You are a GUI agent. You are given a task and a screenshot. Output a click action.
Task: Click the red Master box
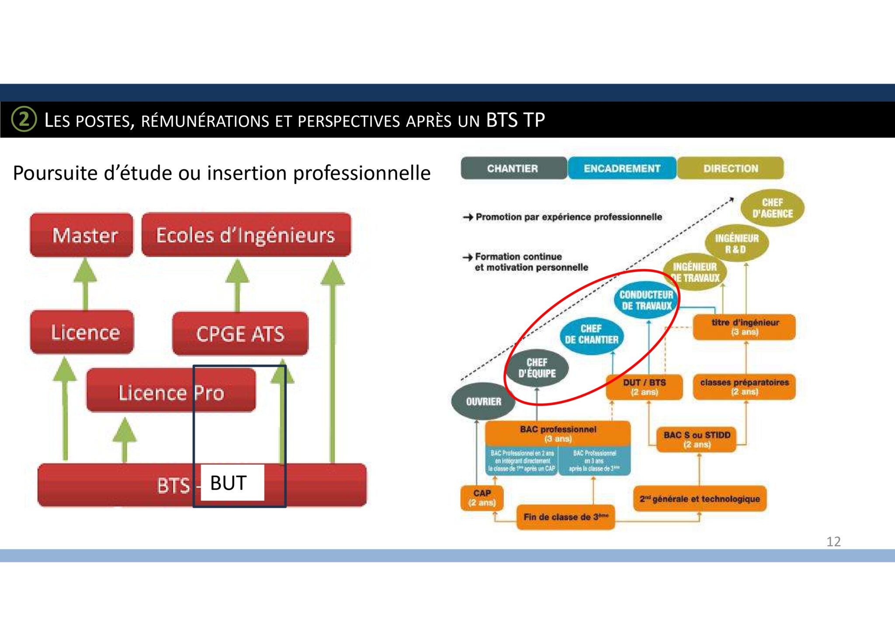coord(82,235)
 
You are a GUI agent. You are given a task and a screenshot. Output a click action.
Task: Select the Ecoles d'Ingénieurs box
coord(246,235)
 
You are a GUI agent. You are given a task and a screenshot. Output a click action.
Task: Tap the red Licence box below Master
coord(82,332)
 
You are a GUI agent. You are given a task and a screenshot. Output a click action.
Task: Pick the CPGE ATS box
coord(240,334)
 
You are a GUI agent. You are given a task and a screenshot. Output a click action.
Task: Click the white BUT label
coord(232,483)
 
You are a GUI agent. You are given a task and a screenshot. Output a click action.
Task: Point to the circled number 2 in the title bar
coord(24,119)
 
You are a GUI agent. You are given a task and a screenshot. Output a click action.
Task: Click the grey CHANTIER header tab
coord(513,168)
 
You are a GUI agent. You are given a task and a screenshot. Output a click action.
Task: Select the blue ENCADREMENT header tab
coord(622,168)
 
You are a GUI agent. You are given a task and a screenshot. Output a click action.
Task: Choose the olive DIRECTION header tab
coord(730,168)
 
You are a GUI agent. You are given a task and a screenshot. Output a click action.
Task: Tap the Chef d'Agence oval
coord(772,208)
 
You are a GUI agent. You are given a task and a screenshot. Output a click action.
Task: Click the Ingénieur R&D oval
coord(736,243)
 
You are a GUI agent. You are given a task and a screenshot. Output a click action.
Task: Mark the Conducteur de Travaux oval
coord(646,300)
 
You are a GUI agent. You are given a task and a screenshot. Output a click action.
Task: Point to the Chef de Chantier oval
coord(591,334)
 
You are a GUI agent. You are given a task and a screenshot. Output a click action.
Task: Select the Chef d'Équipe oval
coord(537,368)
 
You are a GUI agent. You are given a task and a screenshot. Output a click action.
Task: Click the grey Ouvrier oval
coord(483,401)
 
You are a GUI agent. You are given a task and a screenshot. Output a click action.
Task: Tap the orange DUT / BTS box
coord(644,387)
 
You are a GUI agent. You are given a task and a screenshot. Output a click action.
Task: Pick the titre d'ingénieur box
coord(744,327)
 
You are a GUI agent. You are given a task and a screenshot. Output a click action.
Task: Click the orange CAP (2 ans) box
coord(482,498)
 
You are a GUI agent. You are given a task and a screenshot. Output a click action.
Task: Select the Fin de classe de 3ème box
coord(565,517)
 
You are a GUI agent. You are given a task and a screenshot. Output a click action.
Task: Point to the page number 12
coord(833,542)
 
